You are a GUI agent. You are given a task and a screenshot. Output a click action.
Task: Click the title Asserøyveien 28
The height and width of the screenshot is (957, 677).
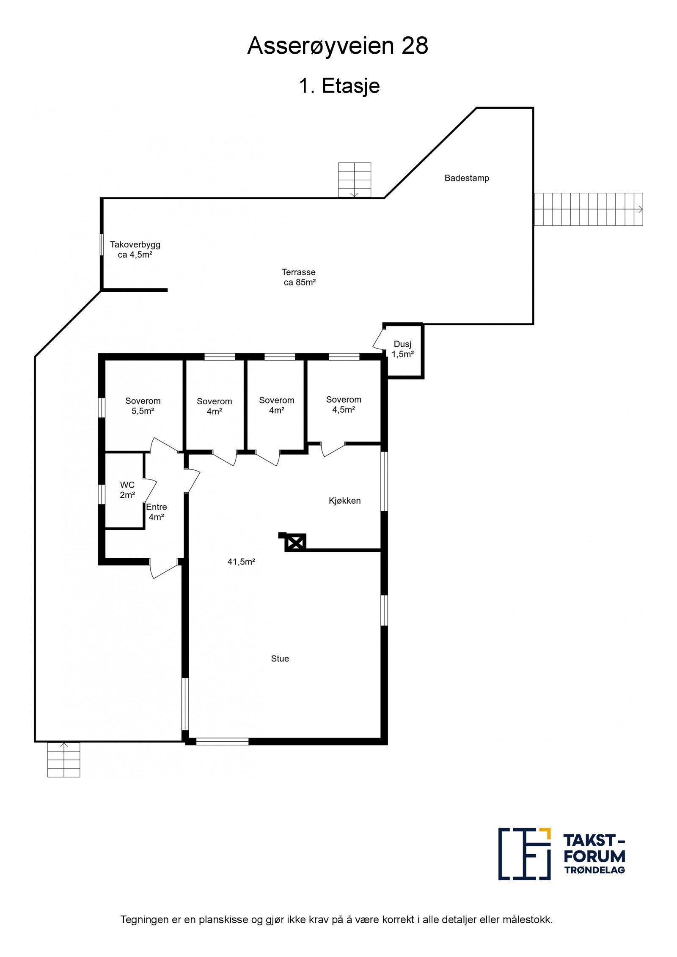(338, 46)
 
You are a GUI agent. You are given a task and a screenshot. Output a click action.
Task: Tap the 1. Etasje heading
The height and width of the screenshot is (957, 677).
(339, 86)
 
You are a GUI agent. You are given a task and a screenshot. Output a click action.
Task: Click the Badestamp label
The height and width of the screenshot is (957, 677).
(466, 178)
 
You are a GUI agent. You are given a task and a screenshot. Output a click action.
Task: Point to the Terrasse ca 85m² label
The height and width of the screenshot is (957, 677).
(299, 277)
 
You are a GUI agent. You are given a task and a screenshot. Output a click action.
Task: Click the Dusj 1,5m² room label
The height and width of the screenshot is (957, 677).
(402, 349)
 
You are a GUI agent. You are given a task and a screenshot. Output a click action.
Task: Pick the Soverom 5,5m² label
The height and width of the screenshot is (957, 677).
(143, 406)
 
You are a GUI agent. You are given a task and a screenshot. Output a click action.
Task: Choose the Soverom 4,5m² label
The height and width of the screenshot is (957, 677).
(343, 405)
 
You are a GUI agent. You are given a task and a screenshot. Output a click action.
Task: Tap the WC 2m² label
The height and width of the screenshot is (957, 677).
(127, 490)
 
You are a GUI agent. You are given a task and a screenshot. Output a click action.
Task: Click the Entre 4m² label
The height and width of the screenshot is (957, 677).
(156, 512)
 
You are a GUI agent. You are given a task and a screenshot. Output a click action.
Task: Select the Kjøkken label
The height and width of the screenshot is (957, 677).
(344, 501)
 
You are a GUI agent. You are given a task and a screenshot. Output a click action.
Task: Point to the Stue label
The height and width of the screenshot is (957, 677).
(280, 658)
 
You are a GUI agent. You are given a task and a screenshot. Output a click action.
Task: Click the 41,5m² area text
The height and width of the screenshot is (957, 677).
(241, 562)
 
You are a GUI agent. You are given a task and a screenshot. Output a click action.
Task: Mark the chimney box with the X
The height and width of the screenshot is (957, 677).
(295, 542)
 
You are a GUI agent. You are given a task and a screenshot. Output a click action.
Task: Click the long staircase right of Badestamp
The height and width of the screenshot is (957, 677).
(588, 209)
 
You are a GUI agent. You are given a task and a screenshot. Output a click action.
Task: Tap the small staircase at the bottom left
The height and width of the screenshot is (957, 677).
(63, 760)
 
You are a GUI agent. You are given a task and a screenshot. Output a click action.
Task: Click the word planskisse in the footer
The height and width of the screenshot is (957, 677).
(223, 920)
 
